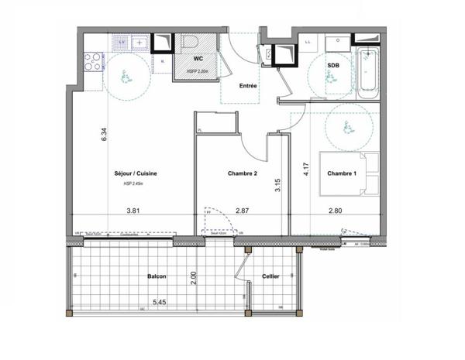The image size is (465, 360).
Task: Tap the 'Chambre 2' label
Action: pyautogui.click(x=242, y=174)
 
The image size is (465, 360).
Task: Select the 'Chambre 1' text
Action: pyautogui.click(x=341, y=174)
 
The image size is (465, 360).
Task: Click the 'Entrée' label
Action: pyautogui.click(x=248, y=86)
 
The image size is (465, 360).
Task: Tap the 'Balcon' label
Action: pyautogui.click(x=158, y=276)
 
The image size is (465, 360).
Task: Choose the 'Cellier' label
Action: pyautogui.click(x=270, y=276)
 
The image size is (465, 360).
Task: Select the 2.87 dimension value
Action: pyautogui.click(x=243, y=211)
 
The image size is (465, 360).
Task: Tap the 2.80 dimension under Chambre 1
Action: pyautogui.click(x=336, y=211)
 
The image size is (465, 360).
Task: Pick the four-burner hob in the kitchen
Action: pyautogui.click(x=92, y=60)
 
